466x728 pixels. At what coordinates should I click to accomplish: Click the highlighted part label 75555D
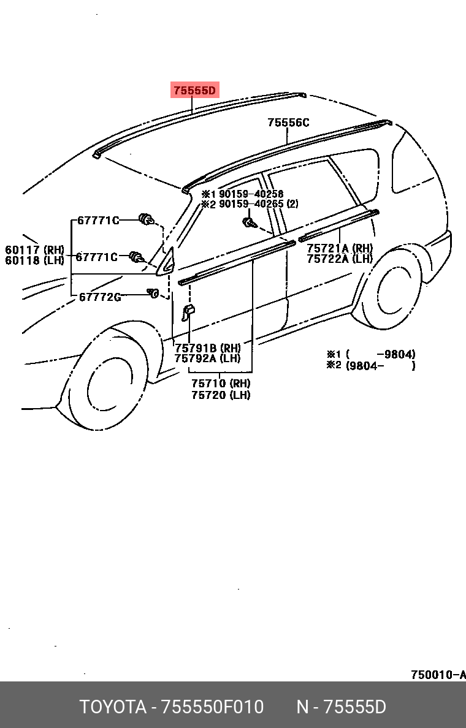pos(194,91)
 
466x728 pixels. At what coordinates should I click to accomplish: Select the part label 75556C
pos(288,123)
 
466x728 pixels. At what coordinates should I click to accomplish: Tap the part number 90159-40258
pos(251,194)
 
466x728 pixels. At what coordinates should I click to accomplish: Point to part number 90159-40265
pos(251,204)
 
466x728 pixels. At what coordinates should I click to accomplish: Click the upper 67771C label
pos(98,221)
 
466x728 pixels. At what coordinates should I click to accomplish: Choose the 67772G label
pos(100,297)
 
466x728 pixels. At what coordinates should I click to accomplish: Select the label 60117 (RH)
pos(34,249)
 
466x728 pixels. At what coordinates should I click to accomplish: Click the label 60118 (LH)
pos(34,260)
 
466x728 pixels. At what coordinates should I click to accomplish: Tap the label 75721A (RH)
pos(340,248)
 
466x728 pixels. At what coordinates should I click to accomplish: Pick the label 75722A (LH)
pos(340,259)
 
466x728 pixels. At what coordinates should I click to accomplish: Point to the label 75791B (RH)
pos(207,348)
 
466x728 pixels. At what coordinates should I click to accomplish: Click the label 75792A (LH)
pos(207,358)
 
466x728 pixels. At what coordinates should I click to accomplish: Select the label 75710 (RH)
pos(221,384)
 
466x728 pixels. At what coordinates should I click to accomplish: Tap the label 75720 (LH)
pos(221,395)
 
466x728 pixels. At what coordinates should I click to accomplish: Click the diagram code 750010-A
pos(438,675)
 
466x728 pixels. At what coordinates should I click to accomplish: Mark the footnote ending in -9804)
pos(372,354)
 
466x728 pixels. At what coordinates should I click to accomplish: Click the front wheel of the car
pos(110,384)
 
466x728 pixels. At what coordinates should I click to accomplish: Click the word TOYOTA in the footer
pos(112,707)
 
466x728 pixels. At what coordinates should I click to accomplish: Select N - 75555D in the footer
pos(341,707)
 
